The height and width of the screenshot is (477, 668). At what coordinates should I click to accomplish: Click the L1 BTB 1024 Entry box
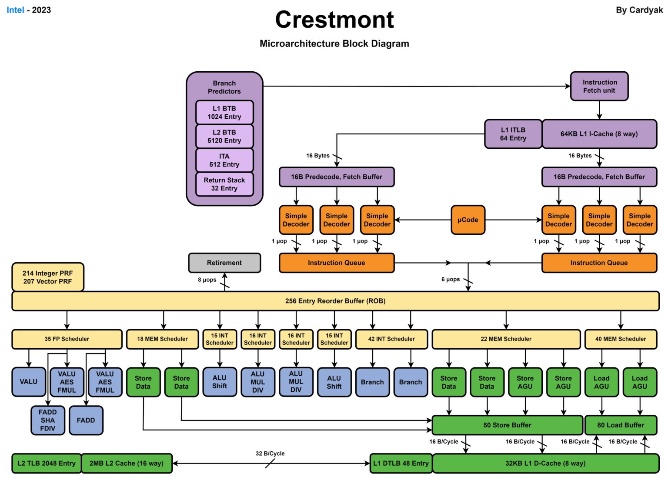tap(224, 112)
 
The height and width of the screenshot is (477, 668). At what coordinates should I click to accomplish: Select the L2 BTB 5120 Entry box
tap(224, 136)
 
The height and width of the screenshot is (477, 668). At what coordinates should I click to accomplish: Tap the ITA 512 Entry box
tap(224, 160)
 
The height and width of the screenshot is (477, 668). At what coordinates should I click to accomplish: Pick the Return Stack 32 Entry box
tap(224, 184)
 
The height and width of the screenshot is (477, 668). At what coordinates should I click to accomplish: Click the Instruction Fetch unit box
tap(599, 86)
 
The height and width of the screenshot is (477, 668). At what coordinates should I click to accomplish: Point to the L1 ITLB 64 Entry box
tap(513, 134)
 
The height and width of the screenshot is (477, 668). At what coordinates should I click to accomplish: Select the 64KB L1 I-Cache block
tap(599, 134)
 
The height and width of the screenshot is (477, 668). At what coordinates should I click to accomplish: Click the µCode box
tap(468, 220)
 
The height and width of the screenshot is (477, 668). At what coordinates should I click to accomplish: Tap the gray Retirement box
tap(224, 263)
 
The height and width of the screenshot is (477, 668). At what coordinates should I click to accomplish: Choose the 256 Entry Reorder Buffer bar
tap(335, 301)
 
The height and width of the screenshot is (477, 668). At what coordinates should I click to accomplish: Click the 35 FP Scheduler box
tap(67, 339)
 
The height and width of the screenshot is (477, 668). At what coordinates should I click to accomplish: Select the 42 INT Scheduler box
tap(391, 339)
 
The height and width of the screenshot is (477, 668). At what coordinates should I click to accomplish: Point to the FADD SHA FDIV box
tap(48, 420)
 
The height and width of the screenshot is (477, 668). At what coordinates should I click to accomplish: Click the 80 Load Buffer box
tap(621, 425)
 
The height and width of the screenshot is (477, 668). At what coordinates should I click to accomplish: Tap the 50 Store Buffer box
tap(507, 425)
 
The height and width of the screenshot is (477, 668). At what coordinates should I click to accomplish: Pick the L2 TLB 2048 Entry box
tap(47, 463)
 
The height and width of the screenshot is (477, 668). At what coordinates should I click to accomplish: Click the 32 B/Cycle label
tap(270, 454)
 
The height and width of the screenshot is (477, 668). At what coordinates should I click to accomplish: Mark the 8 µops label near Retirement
tap(207, 280)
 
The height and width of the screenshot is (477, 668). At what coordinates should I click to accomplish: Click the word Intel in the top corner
tap(15, 10)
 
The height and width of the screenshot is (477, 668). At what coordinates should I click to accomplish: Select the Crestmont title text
tap(334, 20)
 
